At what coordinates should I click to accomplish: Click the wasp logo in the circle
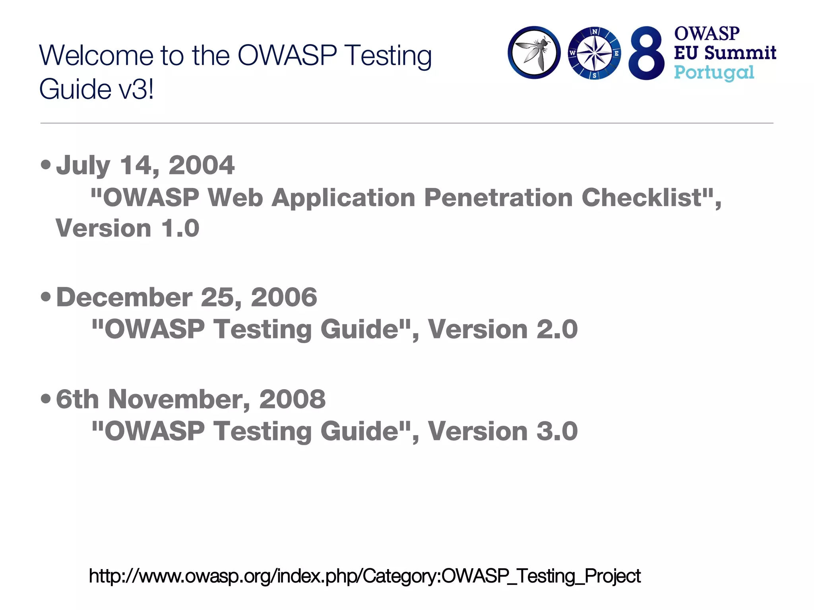pos(534,53)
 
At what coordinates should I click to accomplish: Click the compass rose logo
pos(594,53)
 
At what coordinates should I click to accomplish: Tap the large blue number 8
pos(646,53)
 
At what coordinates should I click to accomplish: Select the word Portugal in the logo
pos(714,73)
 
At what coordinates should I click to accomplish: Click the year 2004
pos(202,165)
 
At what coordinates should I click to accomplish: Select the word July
pos(83,165)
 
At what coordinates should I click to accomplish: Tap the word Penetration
pos(498,197)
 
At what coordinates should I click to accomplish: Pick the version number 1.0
pos(180,228)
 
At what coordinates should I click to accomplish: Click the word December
pos(124,297)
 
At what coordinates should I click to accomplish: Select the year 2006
pos(284,297)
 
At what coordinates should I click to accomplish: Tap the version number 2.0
pos(556,329)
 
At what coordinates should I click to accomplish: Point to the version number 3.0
pos(556,431)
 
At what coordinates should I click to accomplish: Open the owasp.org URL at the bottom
pos(364,576)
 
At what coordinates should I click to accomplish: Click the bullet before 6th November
pos(46,398)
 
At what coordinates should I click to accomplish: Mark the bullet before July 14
pos(46,164)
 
